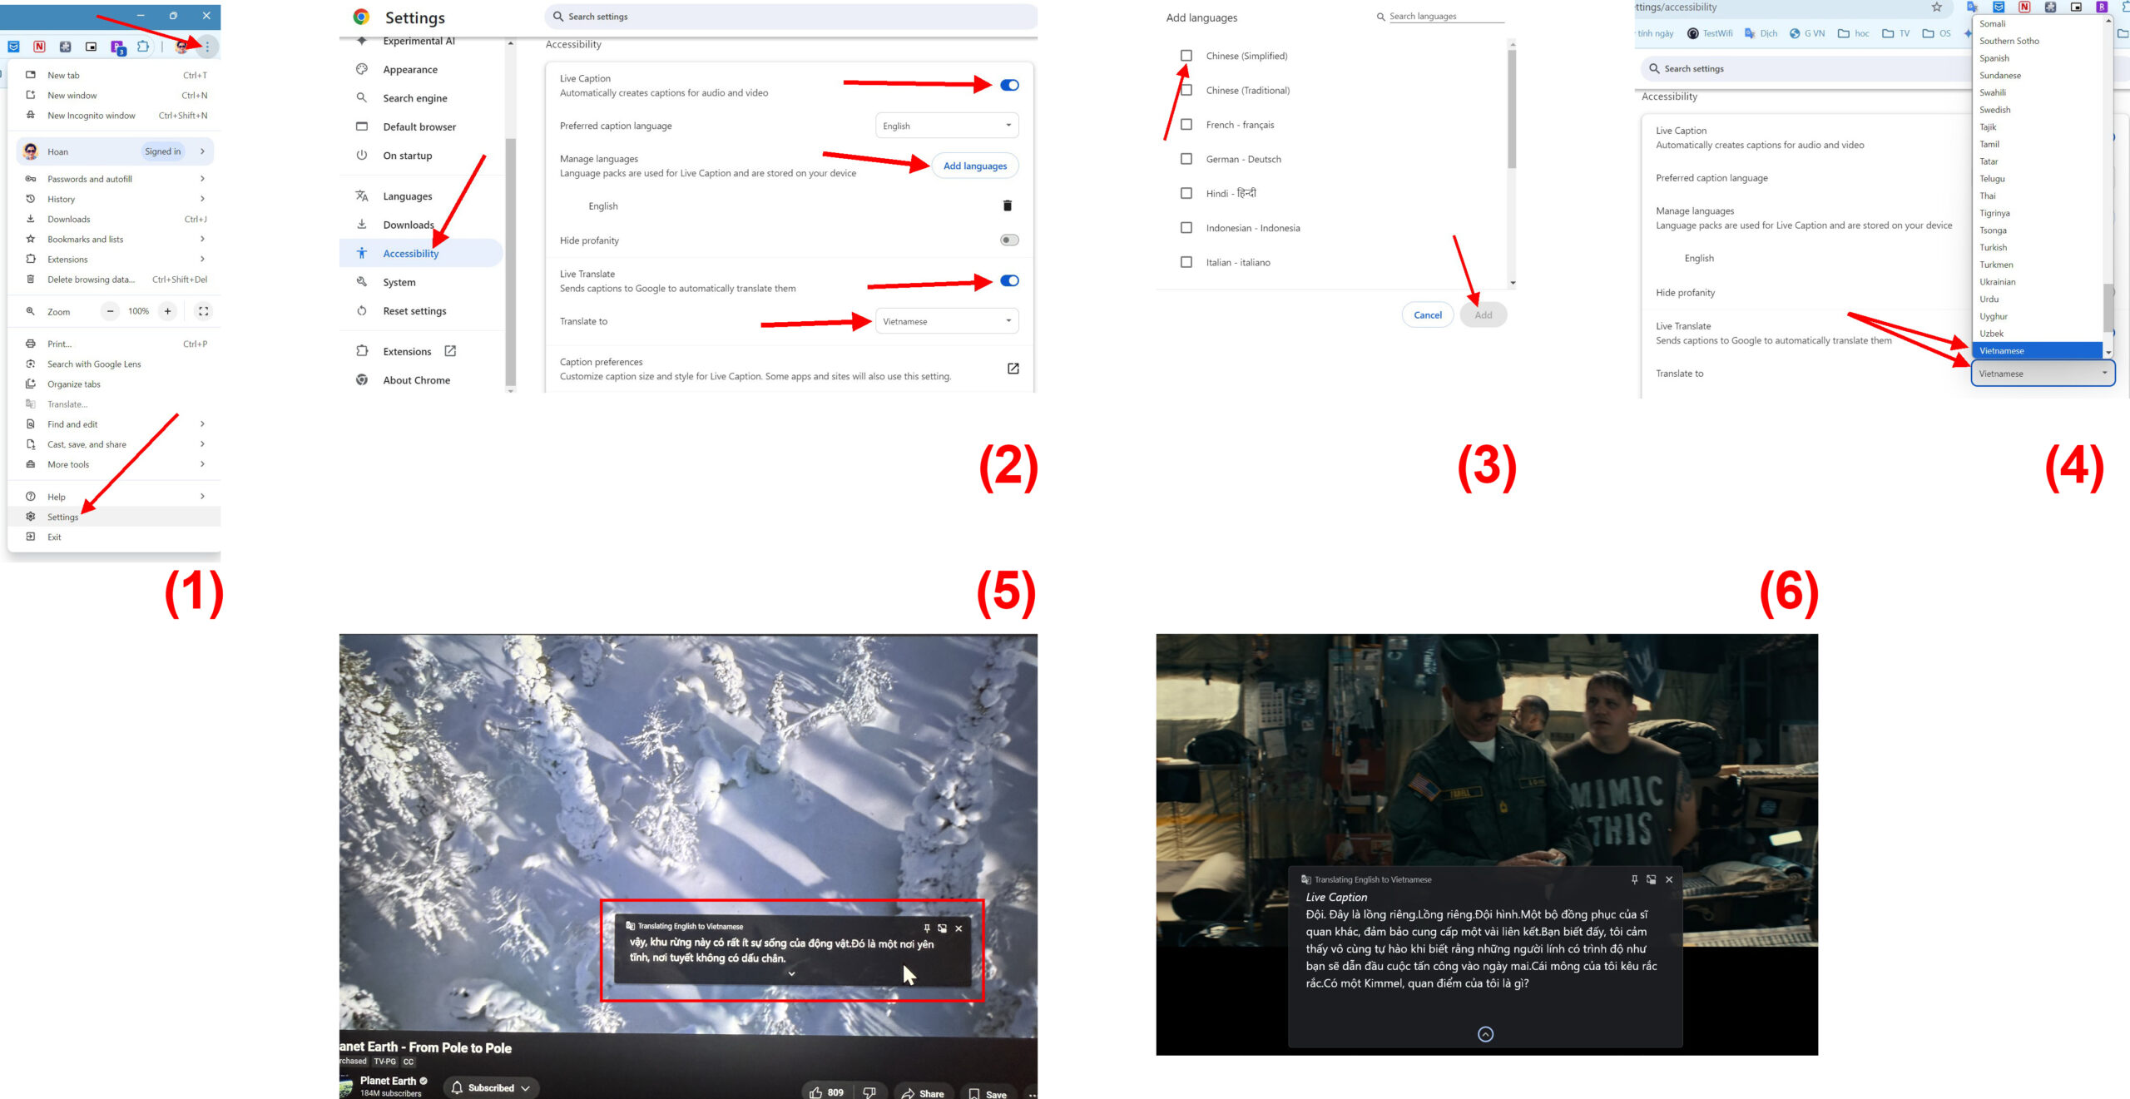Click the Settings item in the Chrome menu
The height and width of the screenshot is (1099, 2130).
(x=62, y=517)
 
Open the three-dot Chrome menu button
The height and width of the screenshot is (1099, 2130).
(x=207, y=47)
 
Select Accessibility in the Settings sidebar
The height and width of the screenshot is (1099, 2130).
(x=410, y=253)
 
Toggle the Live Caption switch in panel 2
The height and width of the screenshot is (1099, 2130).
(x=1009, y=85)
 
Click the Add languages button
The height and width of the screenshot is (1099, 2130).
(x=975, y=166)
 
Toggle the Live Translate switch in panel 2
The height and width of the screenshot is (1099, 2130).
(x=1009, y=280)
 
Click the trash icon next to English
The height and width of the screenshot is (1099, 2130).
(x=1008, y=205)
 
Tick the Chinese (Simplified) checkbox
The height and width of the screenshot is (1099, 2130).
(x=1186, y=56)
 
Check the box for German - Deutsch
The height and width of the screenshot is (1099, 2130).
(x=1186, y=159)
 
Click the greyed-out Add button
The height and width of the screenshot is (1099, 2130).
(x=1484, y=314)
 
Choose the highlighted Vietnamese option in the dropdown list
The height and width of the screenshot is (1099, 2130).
(x=2037, y=350)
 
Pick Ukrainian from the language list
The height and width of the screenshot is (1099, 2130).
(x=1997, y=282)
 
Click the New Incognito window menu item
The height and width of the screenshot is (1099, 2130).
(x=91, y=116)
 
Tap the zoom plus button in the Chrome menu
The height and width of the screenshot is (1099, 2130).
(x=168, y=311)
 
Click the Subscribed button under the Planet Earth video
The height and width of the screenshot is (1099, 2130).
(x=491, y=1087)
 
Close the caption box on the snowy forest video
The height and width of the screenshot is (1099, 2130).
(x=958, y=928)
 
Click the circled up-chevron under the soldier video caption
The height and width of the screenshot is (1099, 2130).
(x=1485, y=1034)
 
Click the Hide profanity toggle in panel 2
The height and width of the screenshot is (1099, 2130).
(x=1009, y=240)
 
